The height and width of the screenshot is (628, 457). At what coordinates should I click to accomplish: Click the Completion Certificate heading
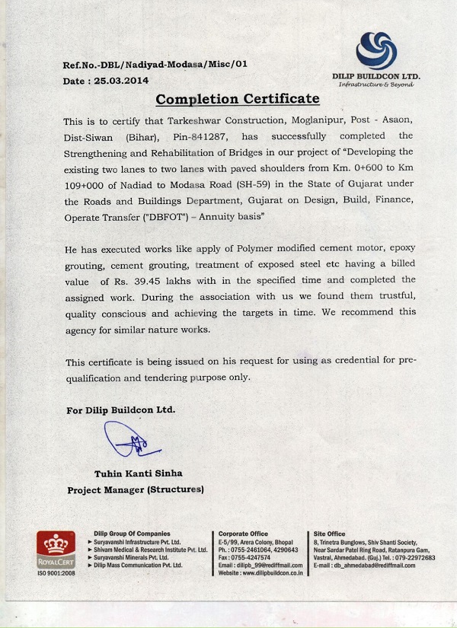click(x=237, y=100)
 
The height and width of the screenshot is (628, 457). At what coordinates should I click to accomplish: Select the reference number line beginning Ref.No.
click(x=155, y=66)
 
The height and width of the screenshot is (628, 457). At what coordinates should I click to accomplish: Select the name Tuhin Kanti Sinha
click(x=139, y=473)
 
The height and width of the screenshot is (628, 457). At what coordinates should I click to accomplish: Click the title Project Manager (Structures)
click(x=136, y=490)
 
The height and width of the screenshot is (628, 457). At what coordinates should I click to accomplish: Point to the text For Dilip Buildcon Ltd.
click(x=121, y=410)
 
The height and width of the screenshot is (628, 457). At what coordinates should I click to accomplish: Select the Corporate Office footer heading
click(x=243, y=534)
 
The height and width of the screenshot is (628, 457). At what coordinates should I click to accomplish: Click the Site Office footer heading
click(x=329, y=534)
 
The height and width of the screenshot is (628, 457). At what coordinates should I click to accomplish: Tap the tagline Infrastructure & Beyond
click(x=376, y=85)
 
